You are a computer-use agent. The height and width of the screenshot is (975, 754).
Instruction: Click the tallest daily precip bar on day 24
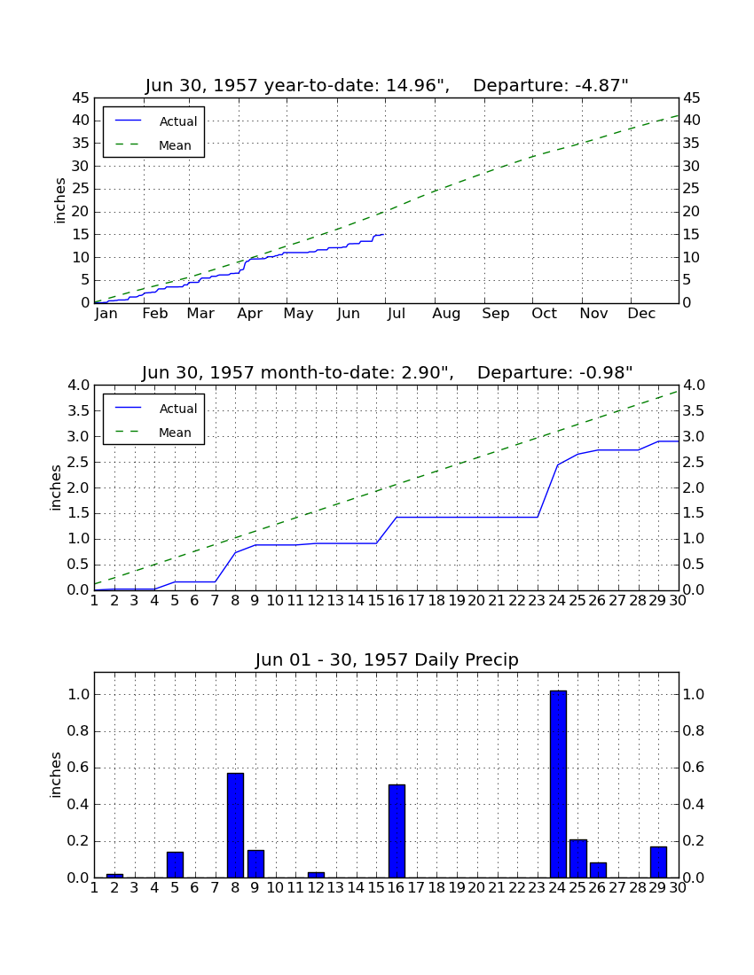558,784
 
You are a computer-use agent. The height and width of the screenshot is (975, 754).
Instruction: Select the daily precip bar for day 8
235,825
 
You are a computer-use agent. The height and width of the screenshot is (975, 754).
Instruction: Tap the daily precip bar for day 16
397,831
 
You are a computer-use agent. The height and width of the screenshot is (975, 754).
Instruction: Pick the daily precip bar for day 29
658,862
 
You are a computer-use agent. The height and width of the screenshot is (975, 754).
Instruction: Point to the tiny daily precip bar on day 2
114,876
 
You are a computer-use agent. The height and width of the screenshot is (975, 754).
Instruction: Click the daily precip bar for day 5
175,865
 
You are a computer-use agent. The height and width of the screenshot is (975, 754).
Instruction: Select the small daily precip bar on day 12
316,875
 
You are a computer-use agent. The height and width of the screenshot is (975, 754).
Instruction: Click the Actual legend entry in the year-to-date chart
154,121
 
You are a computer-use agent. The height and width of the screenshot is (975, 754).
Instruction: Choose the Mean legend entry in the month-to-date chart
154,433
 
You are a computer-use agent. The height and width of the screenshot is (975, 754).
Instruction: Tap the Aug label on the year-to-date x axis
447,314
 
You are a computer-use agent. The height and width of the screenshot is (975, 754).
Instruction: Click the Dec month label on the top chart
641,314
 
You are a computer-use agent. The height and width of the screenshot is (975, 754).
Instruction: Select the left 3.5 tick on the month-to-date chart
78,411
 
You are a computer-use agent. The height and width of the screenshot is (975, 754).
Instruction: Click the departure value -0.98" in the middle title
606,372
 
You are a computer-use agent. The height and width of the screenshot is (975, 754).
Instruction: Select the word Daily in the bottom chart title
436,659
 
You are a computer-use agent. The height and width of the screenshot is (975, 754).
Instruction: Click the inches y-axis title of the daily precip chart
55,775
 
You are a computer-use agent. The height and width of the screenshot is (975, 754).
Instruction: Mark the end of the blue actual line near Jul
384,234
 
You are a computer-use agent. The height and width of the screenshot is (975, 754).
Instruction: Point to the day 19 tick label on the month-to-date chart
457,601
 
